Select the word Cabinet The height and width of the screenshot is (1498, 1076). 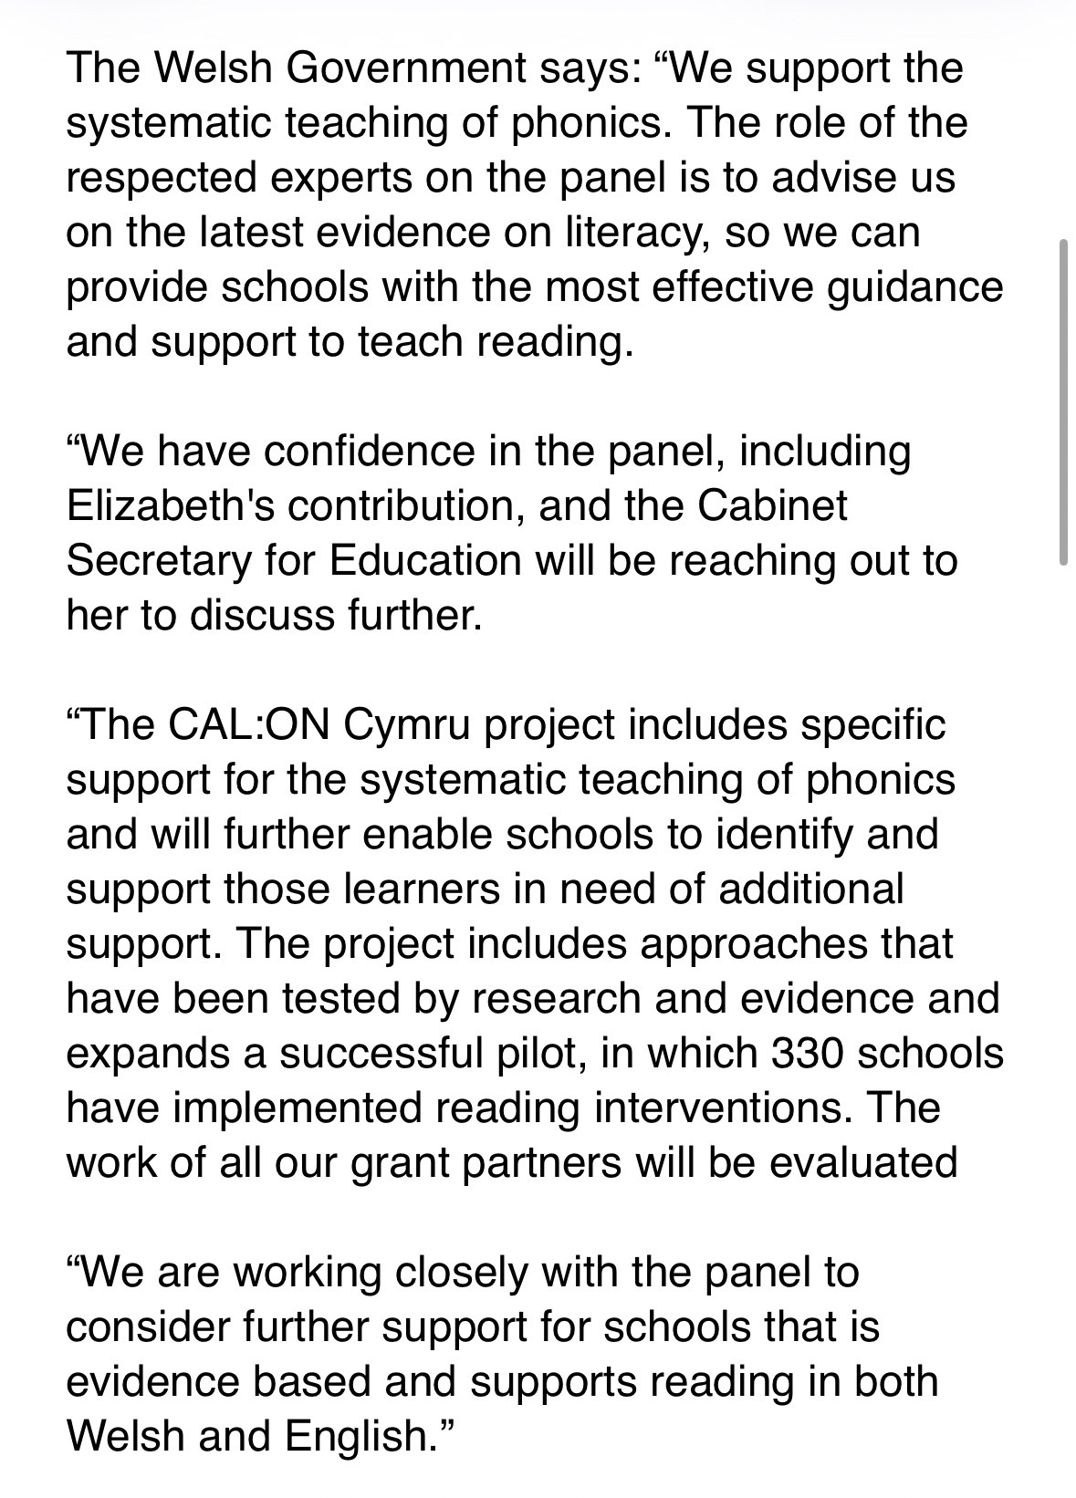click(x=773, y=507)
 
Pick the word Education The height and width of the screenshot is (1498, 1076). click(x=424, y=562)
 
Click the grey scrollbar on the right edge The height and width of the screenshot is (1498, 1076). click(x=1063, y=401)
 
